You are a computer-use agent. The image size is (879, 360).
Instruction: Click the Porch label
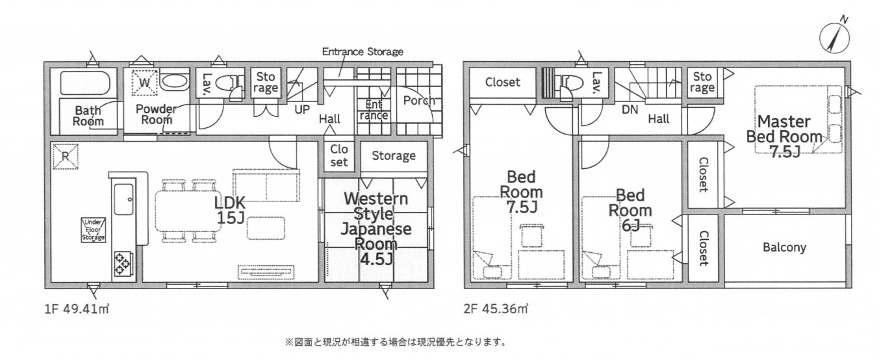click(418, 101)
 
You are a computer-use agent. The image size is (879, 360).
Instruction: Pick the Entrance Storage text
click(363, 51)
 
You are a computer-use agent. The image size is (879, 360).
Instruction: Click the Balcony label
click(784, 248)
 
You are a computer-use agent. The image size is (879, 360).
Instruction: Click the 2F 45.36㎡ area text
click(496, 309)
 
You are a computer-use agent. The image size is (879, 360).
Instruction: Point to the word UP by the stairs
click(301, 110)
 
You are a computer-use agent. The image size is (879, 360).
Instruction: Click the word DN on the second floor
click(629, 110)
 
